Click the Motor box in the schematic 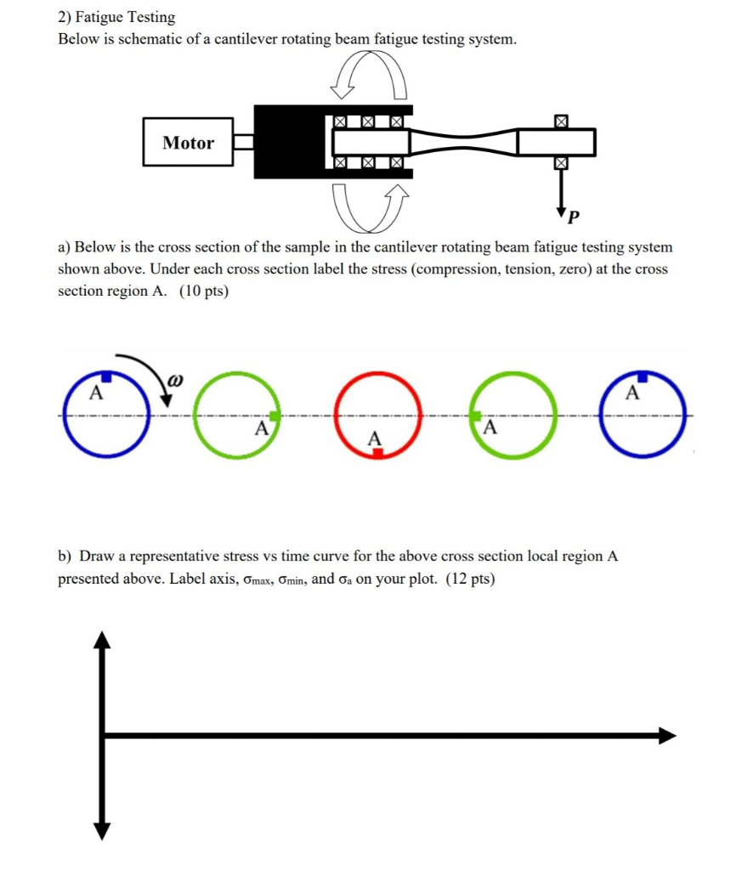coord(188,143)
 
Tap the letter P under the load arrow coord(573,217)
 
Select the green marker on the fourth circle coord(477,415)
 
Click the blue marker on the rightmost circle coord(643,376)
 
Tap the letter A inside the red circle coord(371,438)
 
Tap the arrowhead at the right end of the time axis coord(668,736)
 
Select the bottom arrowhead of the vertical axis coord(103,830)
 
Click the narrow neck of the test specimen coord(464,143)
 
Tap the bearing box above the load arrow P coord(560,122)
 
